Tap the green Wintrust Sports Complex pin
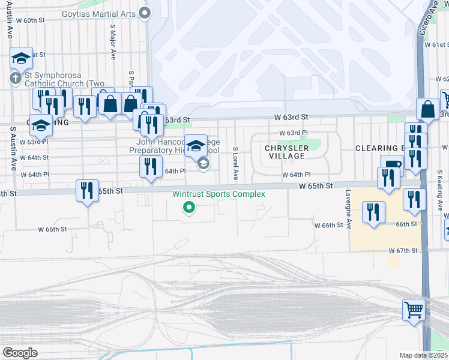[190, 208]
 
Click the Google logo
[19, 352]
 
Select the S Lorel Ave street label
[236, 164]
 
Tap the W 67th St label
[403, 250]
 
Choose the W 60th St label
[31, 20]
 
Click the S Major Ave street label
[112, 42]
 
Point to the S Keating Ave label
[440, 193]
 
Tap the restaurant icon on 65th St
[88, 190]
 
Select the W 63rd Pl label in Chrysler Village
[293, 133]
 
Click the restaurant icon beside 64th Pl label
[151, 166]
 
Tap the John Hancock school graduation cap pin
[196, 145]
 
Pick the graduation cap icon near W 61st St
[21, 58]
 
